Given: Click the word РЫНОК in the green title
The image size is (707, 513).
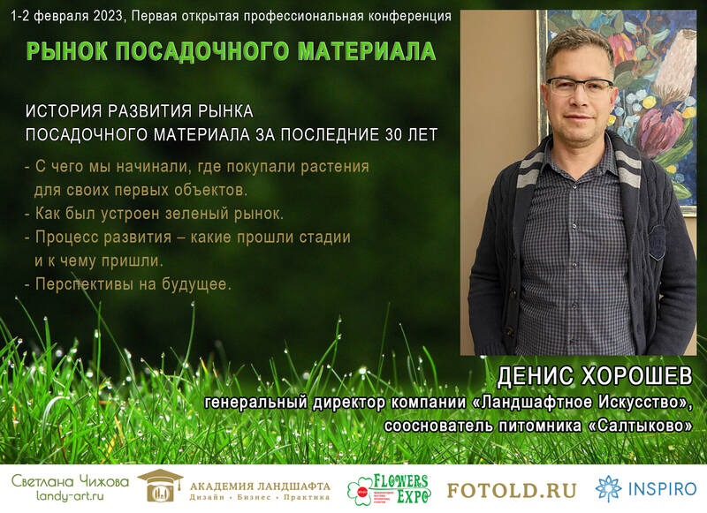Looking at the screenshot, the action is [67, 51].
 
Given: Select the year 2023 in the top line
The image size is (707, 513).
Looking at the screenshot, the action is [109, 16].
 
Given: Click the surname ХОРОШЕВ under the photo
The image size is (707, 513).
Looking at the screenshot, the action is [635, 376].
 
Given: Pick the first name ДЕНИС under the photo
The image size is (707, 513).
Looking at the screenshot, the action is [536, 376].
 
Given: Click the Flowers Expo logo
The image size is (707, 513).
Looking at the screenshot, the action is [390, 489].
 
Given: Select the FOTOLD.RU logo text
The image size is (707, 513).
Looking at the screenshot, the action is [512, 490].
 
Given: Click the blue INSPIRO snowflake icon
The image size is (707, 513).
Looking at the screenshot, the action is [608, 488].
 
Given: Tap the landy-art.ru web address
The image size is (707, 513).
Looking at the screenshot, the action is [70, 496].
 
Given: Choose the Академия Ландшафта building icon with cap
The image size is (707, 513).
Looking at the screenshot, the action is [160, 486].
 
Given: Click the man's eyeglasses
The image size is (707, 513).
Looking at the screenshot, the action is [580, 86].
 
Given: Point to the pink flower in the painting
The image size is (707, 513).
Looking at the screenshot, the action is [656, 131].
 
